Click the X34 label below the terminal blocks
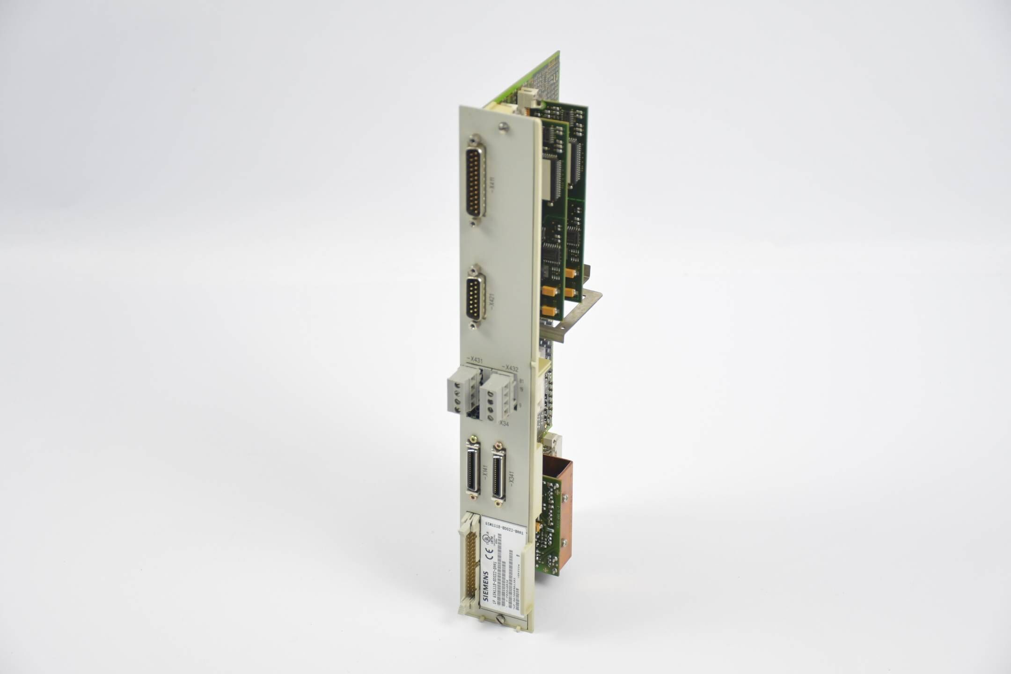[x=504, y=423]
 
